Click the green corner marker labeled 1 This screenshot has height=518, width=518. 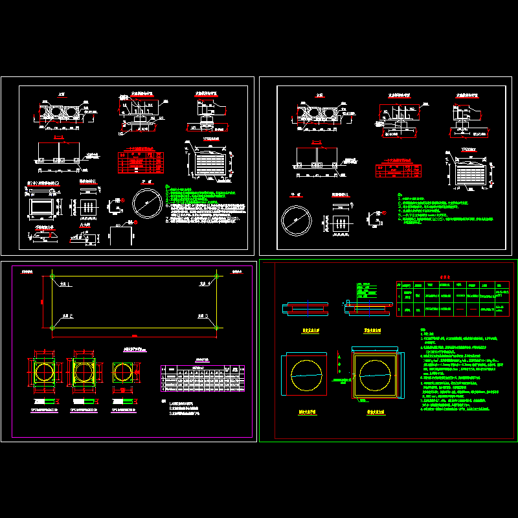tap(52, 277)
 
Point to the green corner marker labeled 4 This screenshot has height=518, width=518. tap(217, 277)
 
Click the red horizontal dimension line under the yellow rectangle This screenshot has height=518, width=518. tap(135, 335)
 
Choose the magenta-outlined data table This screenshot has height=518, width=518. tap(203, 379)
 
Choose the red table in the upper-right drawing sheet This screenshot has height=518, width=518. tap(397, 170)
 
